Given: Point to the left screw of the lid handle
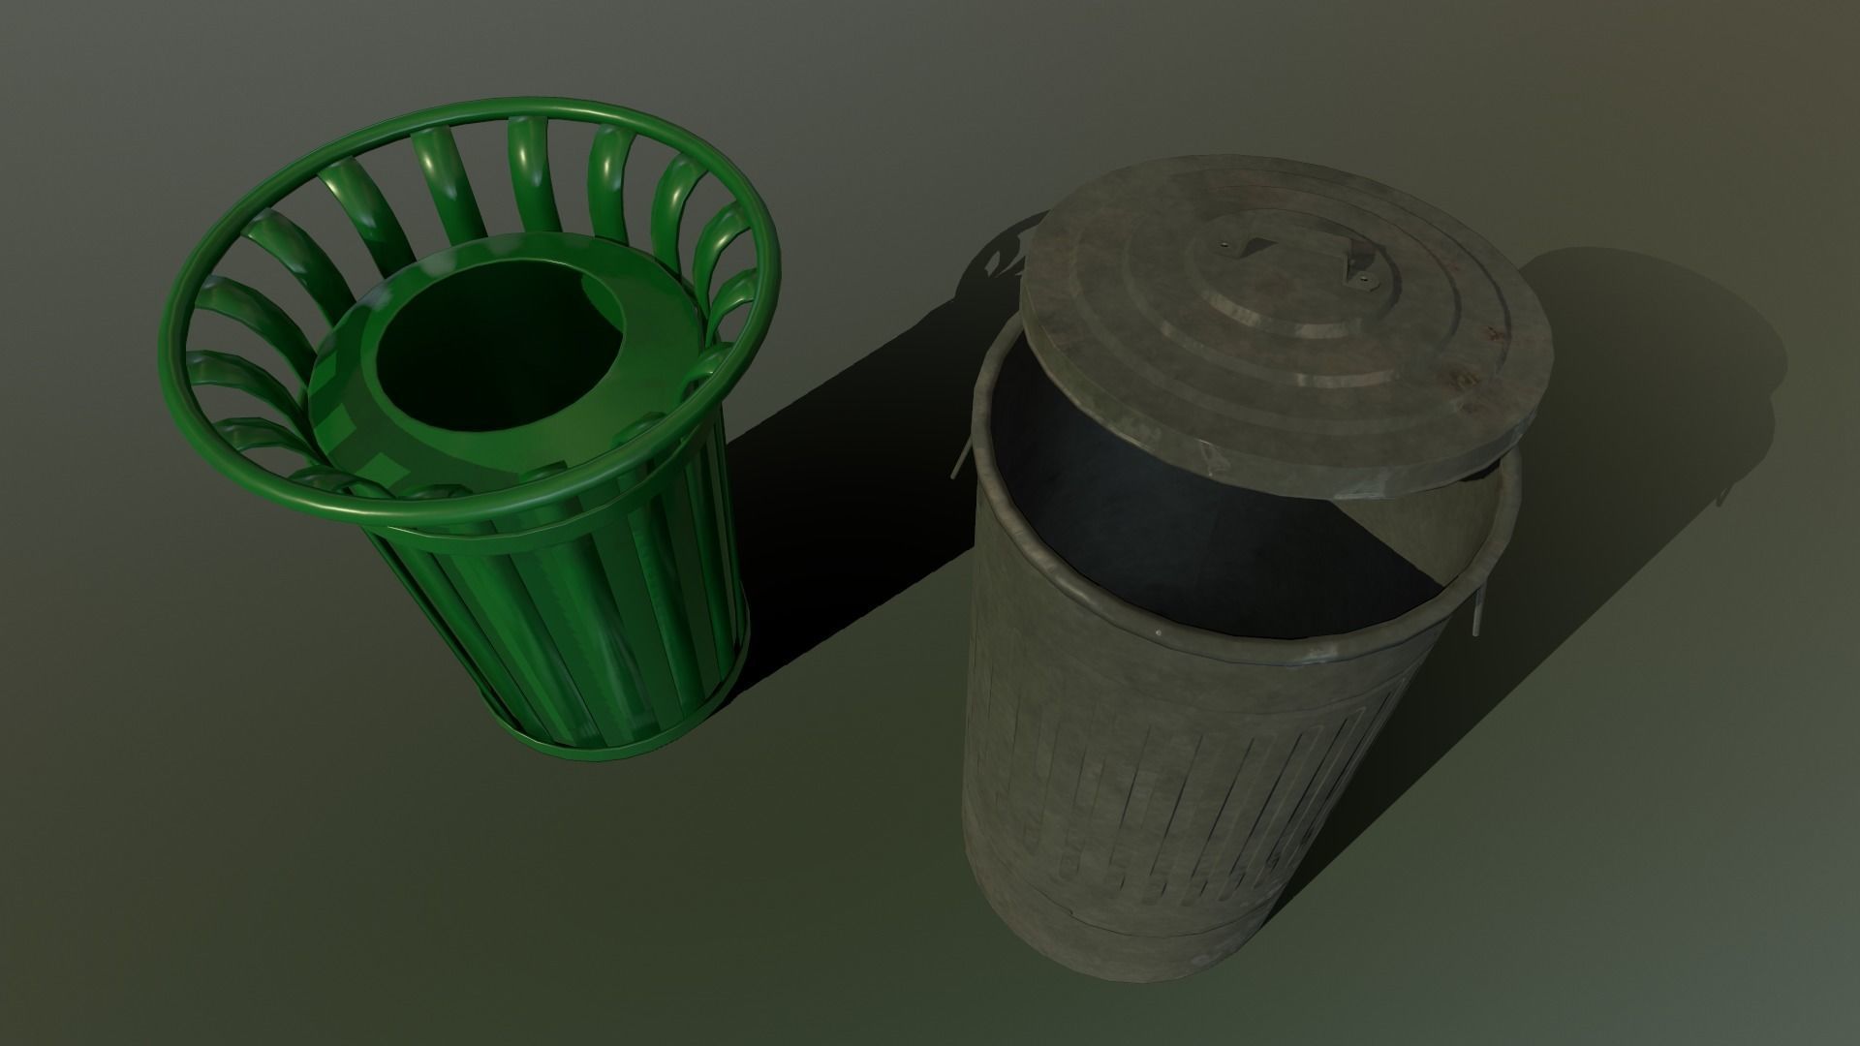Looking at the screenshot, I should pyautogui.click(x=1234, y=248).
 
